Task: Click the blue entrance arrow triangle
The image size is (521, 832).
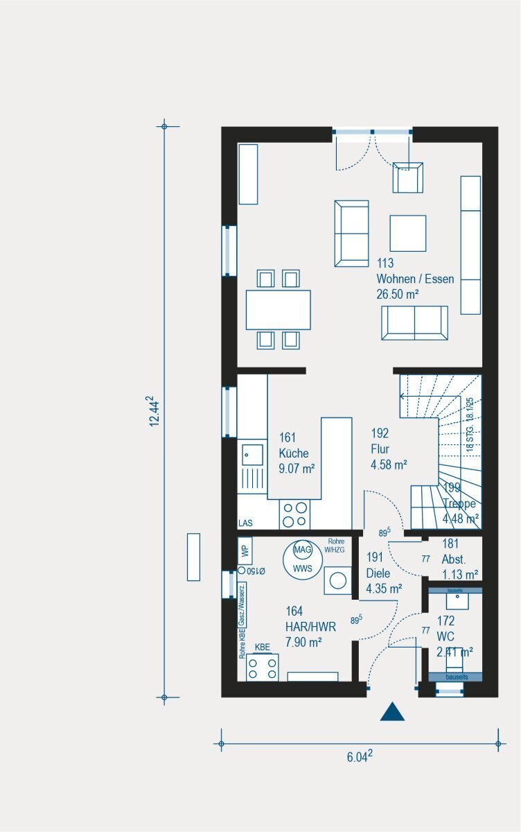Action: (392, 712)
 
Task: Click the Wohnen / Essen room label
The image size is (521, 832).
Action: (415, 279)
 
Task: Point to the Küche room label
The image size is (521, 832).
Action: (294, 453)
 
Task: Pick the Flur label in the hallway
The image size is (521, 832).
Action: (380, 449)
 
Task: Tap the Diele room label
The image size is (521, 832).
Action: (378, 573)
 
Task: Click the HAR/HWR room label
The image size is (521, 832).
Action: (310, 627)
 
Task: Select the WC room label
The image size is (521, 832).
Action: (445, 635)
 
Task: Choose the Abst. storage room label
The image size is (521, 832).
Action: (454, 559)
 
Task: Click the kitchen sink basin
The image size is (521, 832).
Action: (252, 455)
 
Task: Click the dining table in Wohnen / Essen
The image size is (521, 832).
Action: (278, 309)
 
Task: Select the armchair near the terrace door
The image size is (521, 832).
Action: (407, 177)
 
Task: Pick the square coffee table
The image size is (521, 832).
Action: (407, 233)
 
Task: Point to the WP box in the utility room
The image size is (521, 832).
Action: (245, 551)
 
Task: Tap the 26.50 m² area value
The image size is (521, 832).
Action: (398, 295)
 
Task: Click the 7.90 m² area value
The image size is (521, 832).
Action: (303, 643)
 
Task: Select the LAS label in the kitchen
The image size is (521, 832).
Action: (246, 523)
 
